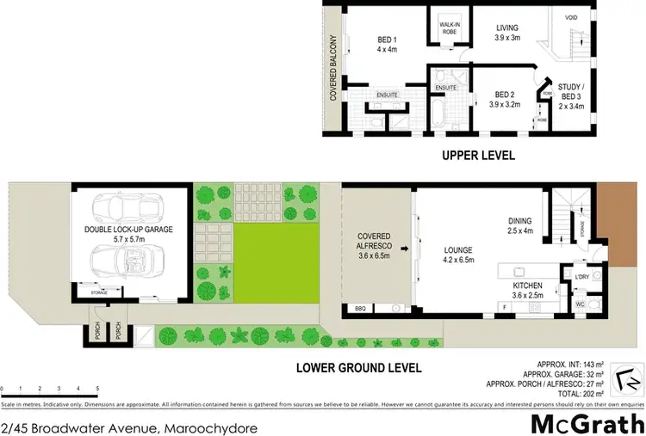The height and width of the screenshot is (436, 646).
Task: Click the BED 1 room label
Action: point(386,44)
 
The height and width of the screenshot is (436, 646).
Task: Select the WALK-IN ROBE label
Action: point(450,27)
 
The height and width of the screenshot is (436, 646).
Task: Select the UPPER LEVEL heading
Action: point(478,156)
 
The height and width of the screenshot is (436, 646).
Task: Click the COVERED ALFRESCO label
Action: point(375,245)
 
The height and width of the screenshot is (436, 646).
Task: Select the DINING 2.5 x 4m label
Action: point(524,224)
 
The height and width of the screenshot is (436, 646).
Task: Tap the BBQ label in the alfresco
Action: point(360,308)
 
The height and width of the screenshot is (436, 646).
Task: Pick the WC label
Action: point(580,304)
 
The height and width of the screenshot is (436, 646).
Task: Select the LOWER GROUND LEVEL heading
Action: point(357,367)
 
